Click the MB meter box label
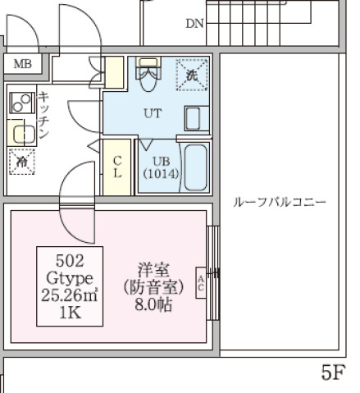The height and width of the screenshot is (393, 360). coord(22,64)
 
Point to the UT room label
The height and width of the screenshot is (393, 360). coord(153,114)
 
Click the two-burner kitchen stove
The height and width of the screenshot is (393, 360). coord(21,103)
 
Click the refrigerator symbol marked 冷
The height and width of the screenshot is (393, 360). coord(21,162)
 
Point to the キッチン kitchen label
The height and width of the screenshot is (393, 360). coord(44,115)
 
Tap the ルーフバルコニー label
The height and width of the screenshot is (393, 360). coord(280,202)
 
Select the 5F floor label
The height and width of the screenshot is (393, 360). coord(331,373)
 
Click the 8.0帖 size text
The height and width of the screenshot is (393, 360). coord(152,304)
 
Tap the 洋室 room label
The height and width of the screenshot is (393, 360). coord(153,269)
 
